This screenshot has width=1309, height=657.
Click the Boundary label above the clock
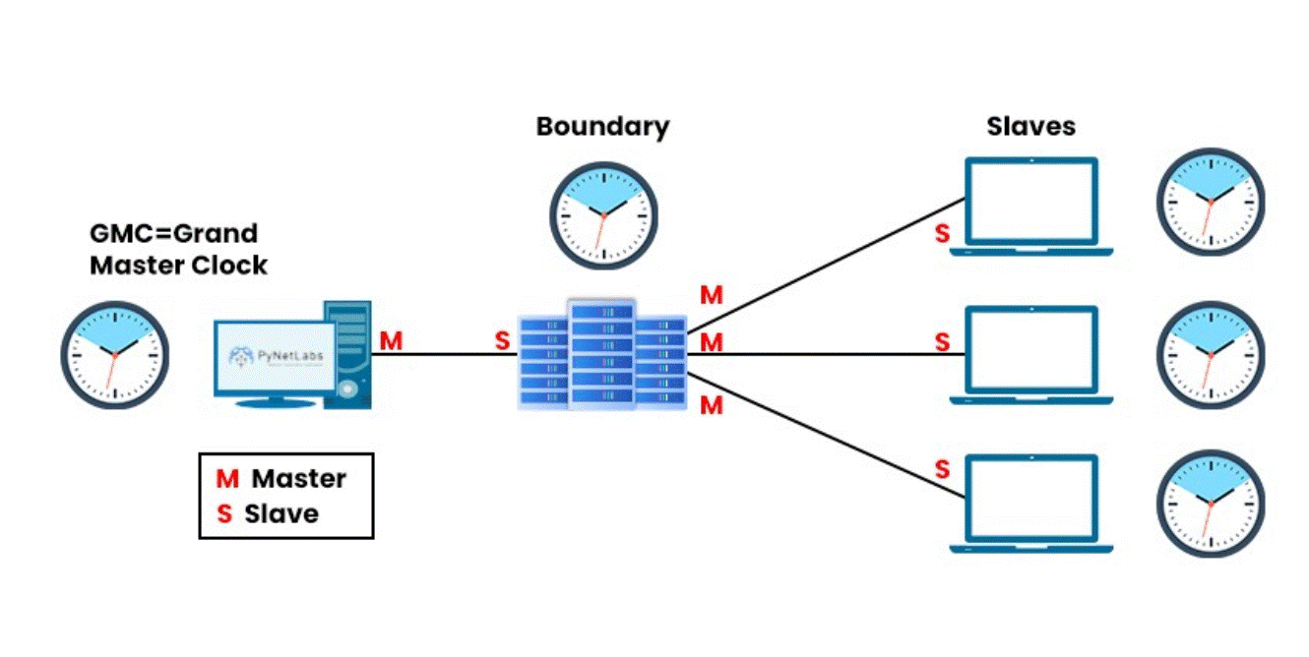coord(602,127)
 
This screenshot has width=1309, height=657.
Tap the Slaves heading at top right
coord(1030,127)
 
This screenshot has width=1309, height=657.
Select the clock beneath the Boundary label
coord(602,214)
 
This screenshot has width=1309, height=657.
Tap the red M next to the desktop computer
coord(391,341)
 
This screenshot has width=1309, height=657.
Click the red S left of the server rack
coord(502,341)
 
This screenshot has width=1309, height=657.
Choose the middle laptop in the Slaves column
coord(1030,354)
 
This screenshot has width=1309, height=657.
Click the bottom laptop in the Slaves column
coord(1030,502)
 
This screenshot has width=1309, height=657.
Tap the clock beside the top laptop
coord(1210,202)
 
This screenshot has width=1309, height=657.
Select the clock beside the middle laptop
coord(1210,354)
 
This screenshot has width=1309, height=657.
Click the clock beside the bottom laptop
coord(1210,505)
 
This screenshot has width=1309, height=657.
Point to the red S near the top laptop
coord(942,236)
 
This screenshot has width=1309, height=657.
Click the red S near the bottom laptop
coord(942,469)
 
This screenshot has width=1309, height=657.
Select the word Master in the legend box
coord(299,480)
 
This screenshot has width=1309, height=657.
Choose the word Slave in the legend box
coord(281,513)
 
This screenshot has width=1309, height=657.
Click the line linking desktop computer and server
coord(443,354)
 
